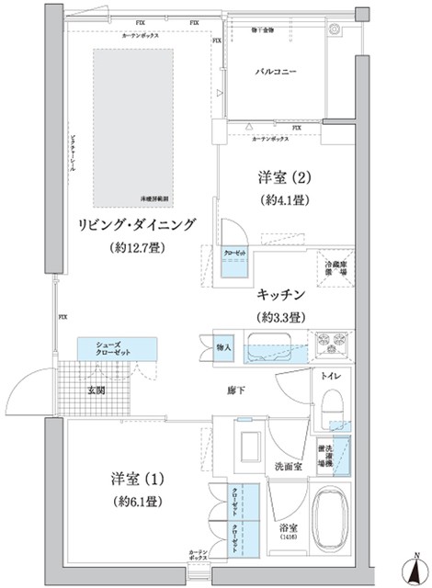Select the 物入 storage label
click(x=224, y=348)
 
